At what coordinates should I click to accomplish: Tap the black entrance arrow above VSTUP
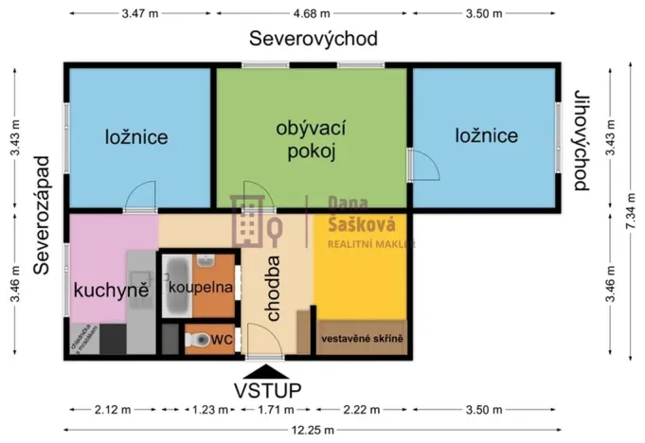tap(269, 371)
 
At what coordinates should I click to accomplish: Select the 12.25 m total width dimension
tap(314, 430)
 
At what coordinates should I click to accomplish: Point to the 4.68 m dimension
tap(312, 14)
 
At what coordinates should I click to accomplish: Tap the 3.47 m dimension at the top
tap(140, 14)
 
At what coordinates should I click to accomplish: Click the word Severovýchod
tap(314, 39)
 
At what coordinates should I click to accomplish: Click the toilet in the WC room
tap(200, 338)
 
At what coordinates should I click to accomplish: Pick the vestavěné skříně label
tap(363, 338)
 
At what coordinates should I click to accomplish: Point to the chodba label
tap(273, 290)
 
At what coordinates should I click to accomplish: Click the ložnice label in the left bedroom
tap(136, 136)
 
